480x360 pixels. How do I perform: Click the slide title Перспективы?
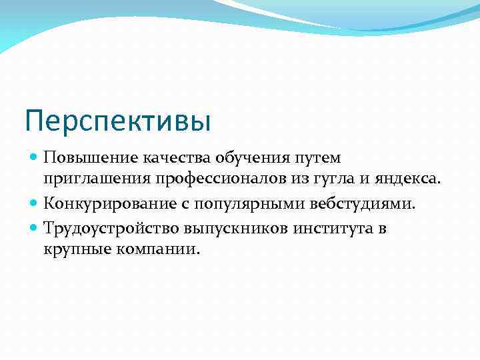click(x=117, y=122)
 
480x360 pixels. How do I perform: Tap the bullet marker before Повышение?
click(x=34, y=158)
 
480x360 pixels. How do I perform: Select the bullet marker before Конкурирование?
click(x=34, y=203)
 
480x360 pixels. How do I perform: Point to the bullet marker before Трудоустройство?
click(x=34, y=228)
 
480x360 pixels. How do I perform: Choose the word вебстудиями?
click(x=363, y=203)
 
